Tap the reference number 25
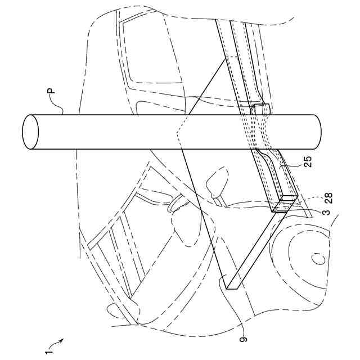point(307,162)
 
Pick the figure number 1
point(47,350)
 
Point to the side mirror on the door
point(216,184)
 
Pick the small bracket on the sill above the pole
point(261,109)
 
